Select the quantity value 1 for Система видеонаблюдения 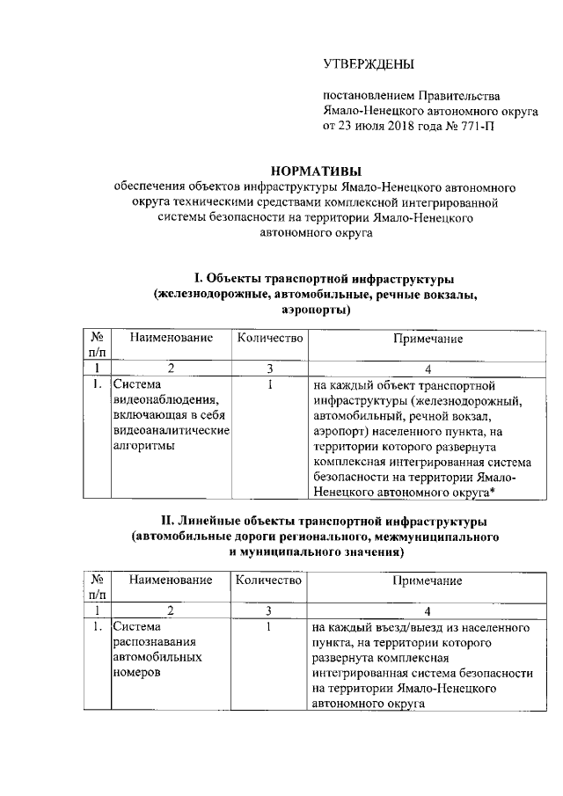(x=269, y=385)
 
